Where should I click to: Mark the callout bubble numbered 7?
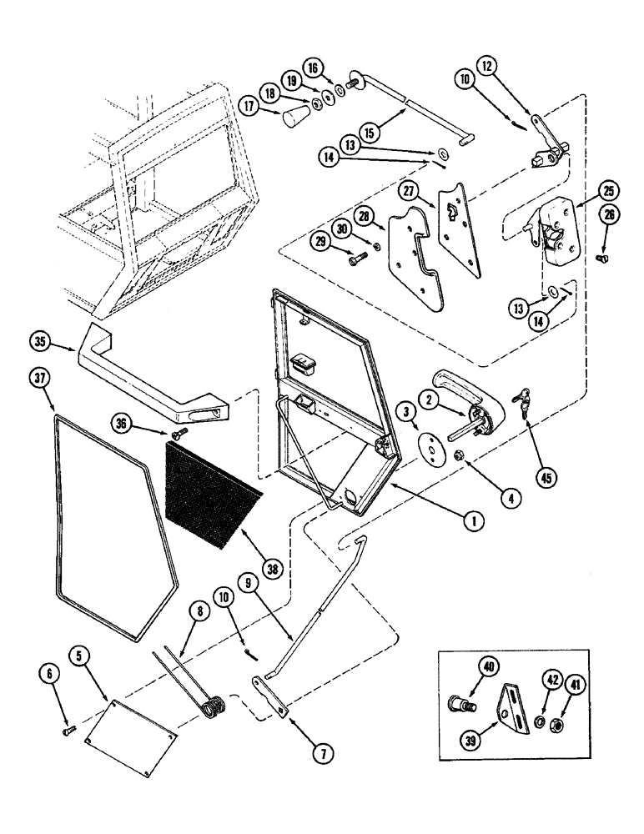pyautogui.click(x=322, y=753)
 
